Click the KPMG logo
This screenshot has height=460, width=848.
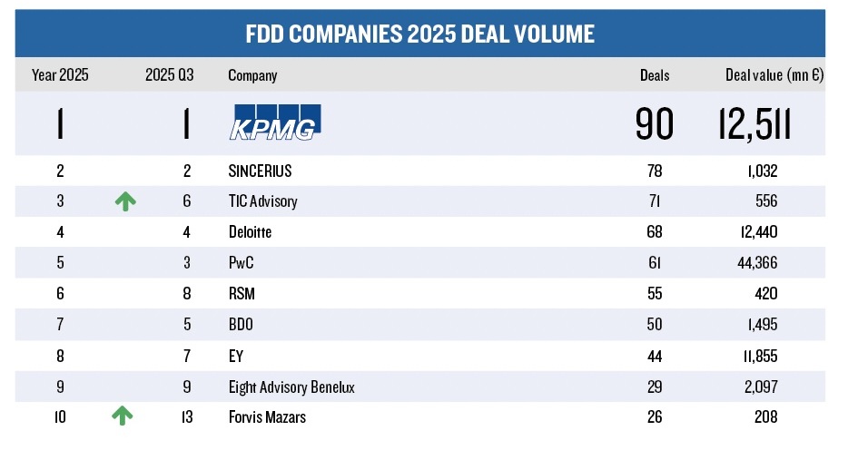(272, 123)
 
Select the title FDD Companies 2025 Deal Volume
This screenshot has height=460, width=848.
(419, 34)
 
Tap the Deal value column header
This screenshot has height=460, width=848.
(774, 75)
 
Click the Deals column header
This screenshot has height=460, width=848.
(654, 75)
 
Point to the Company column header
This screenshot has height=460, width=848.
(252, 75)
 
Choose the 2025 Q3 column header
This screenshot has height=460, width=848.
(170, 75)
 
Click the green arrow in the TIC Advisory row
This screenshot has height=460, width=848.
(125, 201)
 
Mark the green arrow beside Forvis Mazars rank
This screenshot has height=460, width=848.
(122, 416)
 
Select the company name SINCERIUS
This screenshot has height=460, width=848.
(260, 171)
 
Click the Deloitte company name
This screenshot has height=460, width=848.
(250, 232)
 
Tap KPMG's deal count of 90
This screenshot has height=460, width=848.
(654, 124)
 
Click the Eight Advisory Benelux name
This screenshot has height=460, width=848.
(291, 387)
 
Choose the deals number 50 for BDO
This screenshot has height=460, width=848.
(654, 325)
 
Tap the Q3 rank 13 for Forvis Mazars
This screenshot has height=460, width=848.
(186, 417)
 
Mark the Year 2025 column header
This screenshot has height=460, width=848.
(60, 75)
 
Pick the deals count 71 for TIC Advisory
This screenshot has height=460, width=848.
(654, 201)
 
